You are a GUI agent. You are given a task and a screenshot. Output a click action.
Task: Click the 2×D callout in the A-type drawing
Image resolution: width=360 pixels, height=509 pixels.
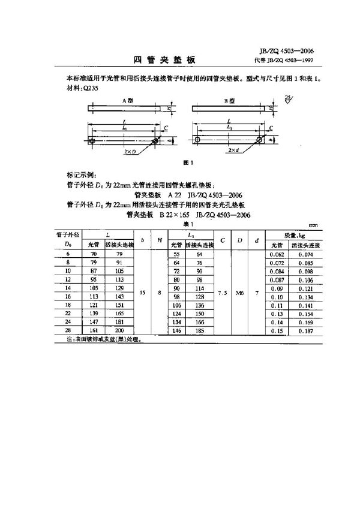pyautogui.click(x=129, y=152)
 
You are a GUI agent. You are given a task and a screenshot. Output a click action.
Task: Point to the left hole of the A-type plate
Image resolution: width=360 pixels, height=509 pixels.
pyautogui.click(x=92, y=141)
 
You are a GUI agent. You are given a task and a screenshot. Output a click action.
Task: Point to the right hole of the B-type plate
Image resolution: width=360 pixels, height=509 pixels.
pyautogui.click(x=259, y=140)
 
